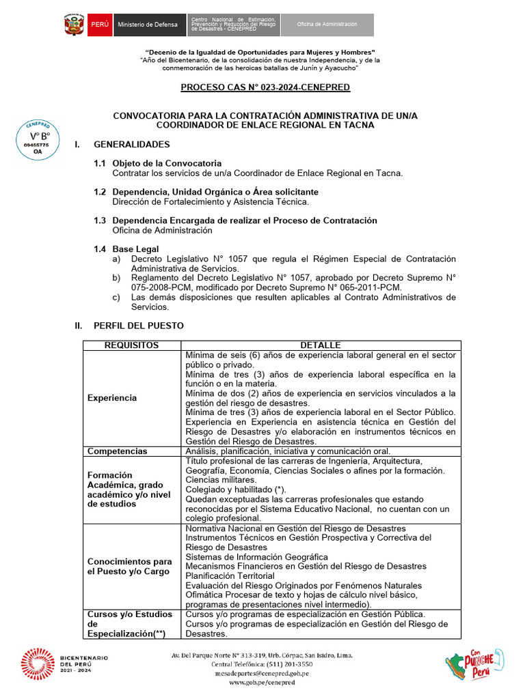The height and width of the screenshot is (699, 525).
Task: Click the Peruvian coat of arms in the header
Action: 73,25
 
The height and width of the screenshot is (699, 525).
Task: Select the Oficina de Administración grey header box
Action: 327,25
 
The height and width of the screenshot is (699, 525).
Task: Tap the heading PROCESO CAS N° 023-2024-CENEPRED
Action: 265,87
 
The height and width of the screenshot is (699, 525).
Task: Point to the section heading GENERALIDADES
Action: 131,145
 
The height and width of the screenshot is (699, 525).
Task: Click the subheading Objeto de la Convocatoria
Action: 167,163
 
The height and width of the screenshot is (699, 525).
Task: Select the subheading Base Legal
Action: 135,249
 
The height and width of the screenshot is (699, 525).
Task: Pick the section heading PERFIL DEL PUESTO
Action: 138,326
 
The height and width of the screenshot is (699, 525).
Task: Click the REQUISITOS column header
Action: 132,345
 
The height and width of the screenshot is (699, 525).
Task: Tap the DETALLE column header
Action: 320,345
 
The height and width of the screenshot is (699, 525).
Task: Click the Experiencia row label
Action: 112,398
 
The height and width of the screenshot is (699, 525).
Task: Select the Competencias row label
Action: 117,451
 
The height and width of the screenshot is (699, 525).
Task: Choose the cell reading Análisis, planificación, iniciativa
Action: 288,451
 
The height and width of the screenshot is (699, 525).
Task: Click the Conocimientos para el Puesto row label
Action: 130,567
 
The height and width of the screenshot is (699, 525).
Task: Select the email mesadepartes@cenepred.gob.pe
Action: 261,673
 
